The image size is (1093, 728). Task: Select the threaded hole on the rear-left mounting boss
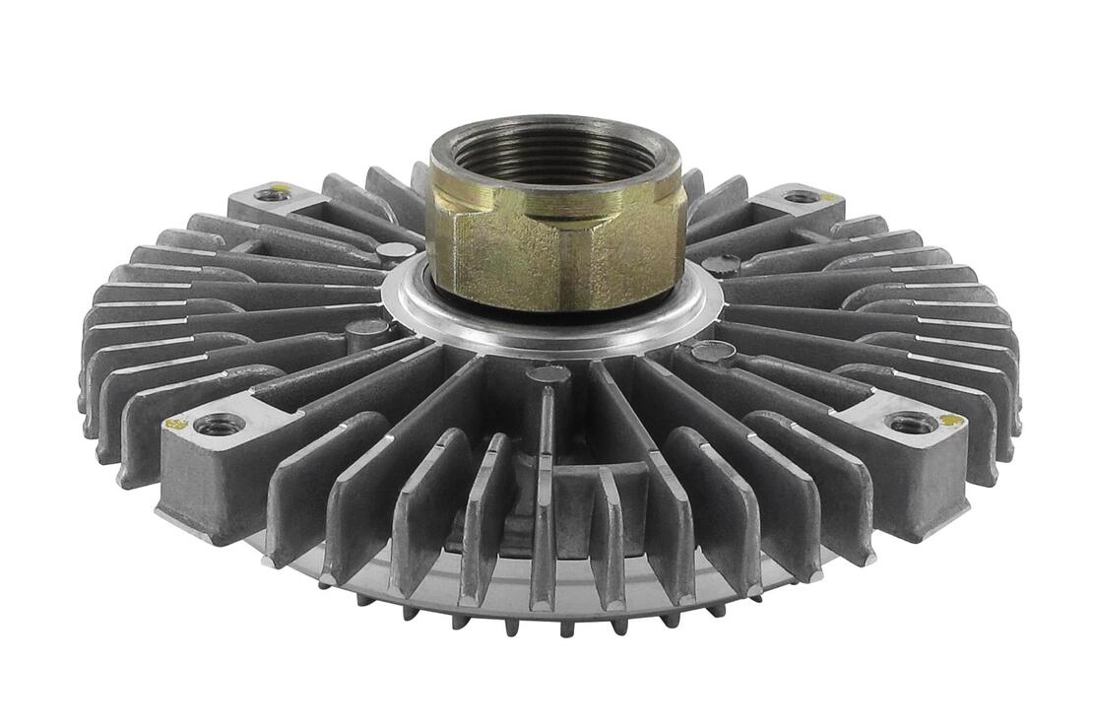pyautogui.click(x=273, y=194)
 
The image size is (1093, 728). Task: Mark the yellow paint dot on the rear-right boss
pyautogui.click(x=828, y=197)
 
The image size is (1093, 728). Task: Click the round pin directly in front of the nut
pyautogui.click(x=547, y=373)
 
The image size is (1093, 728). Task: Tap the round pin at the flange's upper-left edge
pyautogui.click(x=396, y=251)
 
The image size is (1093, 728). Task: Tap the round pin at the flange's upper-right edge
pyautogui.click(x=721, y=264)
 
